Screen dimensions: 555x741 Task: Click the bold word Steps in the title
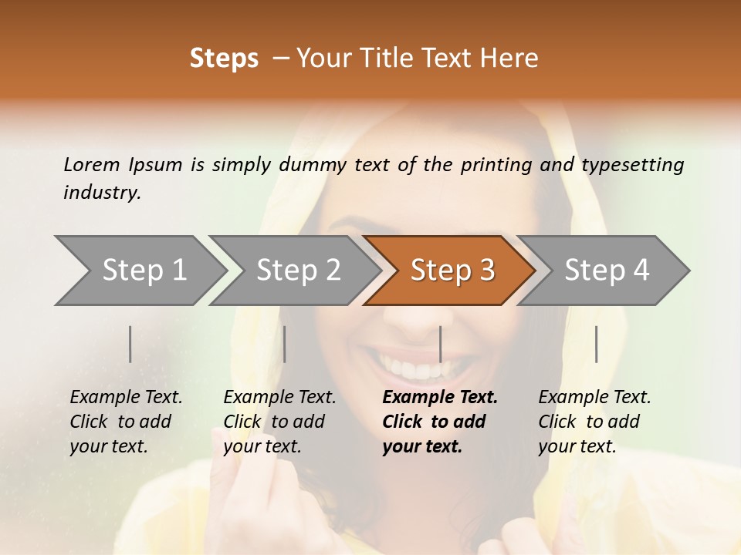[224, 59]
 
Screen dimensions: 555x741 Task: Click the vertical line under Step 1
[130, 344]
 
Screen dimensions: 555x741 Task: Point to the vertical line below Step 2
[285, 344]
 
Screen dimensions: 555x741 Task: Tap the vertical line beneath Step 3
[440, 344]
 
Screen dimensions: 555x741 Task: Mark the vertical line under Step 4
[596, 344]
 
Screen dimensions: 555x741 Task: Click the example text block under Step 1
[126, 422]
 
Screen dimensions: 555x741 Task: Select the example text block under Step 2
[279, 422]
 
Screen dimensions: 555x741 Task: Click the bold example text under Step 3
[439, 422]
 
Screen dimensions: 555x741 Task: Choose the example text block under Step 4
[594, 422]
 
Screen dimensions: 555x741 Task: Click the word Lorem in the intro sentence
[91, 165]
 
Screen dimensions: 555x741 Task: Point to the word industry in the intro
[102, 193]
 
